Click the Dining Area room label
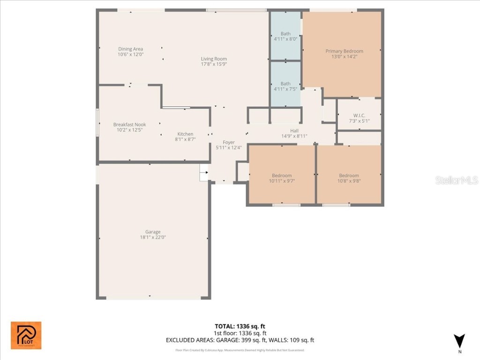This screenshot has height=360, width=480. [130, 49]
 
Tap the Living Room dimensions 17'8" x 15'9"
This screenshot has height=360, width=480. [214, 64]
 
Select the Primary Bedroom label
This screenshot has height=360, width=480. [344, 51]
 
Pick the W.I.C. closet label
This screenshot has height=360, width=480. [359, 115]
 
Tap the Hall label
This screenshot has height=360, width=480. [294, 131]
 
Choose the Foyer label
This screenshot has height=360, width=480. [228, 142]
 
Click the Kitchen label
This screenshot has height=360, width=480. [185, 134]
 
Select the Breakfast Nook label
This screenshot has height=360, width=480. [129, 125]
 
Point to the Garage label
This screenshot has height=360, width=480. [153, 232]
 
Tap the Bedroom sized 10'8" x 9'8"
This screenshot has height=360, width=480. [349, 176]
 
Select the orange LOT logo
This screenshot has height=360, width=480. [26, 335]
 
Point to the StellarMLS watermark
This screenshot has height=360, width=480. [456, 180]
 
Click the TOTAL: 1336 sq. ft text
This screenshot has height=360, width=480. [240, 326]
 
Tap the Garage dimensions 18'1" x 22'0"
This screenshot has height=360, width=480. [153, 237]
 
